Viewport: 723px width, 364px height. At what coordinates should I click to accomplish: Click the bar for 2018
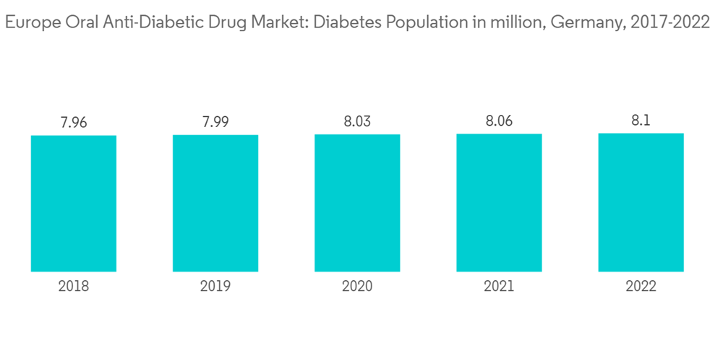pos(74,203)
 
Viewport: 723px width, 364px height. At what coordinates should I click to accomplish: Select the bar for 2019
pos(215,203)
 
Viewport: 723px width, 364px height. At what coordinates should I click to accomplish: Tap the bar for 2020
pos(357,203)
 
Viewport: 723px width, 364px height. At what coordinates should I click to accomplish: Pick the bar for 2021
pos(499,203)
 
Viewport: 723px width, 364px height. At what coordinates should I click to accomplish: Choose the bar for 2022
pos(641,202)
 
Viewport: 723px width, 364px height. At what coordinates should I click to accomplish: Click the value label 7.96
pos(74,122)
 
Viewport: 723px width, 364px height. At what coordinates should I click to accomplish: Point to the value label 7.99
pos(215,122)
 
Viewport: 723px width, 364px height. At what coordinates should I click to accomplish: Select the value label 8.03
pos(357,121)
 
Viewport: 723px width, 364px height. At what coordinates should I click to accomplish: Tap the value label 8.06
pos(499,121)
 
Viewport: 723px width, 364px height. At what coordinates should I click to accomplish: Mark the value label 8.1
pos(641,121)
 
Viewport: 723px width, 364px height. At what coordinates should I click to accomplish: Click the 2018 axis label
pos(74,287)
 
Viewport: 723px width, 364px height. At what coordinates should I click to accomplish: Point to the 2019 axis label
pos(215,287)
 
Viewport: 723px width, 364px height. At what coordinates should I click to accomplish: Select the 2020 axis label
pos(357,287)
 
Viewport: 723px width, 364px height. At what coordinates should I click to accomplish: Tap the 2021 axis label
pos(499,287)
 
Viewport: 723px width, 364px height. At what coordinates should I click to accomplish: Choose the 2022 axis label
pos(641,287)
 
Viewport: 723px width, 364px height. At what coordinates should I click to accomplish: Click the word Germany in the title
pos(585,23)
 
